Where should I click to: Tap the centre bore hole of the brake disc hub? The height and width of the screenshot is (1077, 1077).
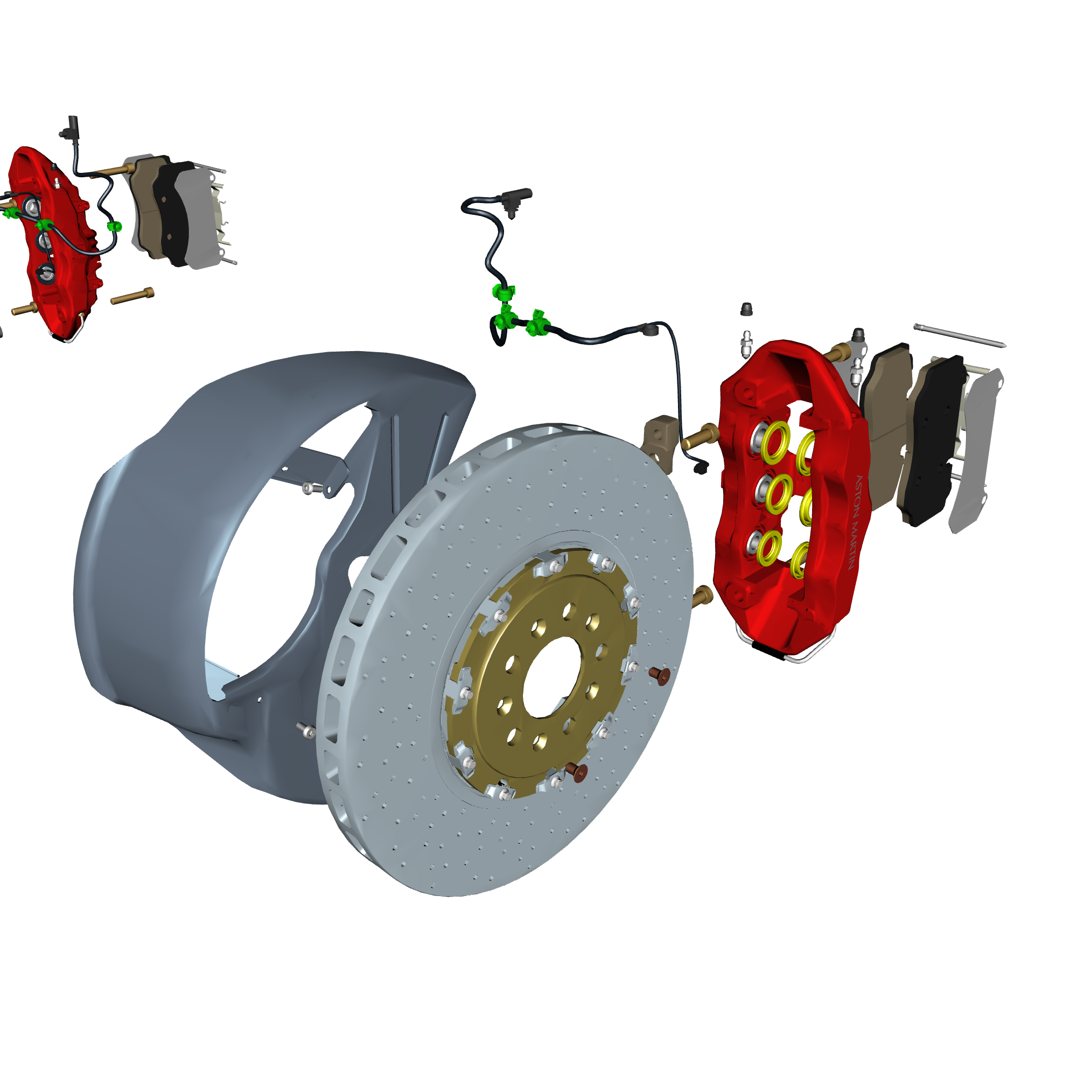[551, 677]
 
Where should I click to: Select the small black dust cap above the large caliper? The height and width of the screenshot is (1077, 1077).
[747, 310]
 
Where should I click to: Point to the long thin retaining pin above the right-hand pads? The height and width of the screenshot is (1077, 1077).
[960, 335]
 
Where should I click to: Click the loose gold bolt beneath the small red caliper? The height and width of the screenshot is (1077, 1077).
[132, 296]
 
